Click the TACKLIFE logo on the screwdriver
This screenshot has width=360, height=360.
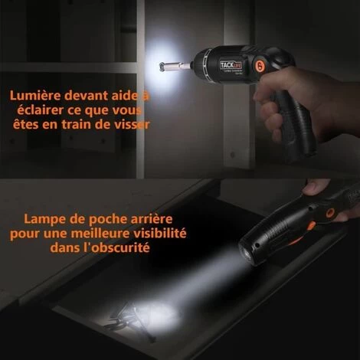[231, 66]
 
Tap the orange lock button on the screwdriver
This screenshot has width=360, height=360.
[260, 64]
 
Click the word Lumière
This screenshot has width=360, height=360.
[35, 96]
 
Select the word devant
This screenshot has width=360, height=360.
[86, 96]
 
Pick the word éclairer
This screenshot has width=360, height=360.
[40, 110]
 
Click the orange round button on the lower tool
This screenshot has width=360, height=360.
[331, 211]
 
